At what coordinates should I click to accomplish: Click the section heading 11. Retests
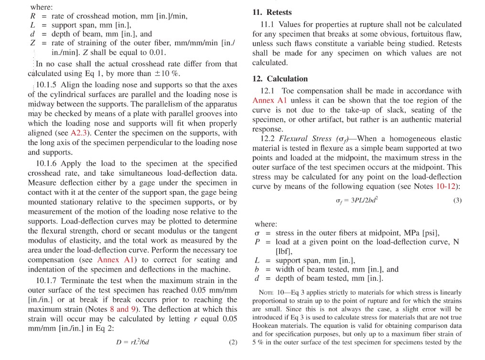272,12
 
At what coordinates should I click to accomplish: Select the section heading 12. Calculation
280,79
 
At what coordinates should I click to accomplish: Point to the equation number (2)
233,342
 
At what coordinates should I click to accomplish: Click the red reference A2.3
79,133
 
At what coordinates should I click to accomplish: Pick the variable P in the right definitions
258,242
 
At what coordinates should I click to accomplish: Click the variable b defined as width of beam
257,269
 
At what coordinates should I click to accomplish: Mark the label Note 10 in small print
268,292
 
